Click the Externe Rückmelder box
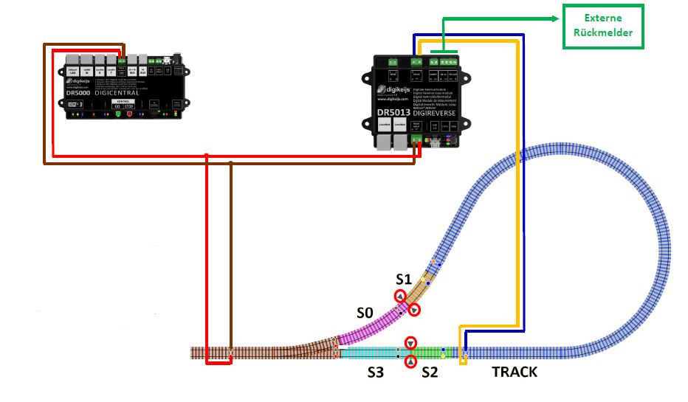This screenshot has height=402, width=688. click(603, 27)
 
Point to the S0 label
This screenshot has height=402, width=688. click(365, 313)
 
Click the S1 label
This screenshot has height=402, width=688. click(402, 279)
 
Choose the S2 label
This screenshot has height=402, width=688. click(429, 373)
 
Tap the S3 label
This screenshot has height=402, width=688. click(376, 373)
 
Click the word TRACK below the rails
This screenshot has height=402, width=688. click(515, 372)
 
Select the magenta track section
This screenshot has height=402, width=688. click(369, 328)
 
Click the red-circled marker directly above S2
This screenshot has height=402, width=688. click(411, 343)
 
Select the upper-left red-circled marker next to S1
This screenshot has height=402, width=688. click(399, 297)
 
